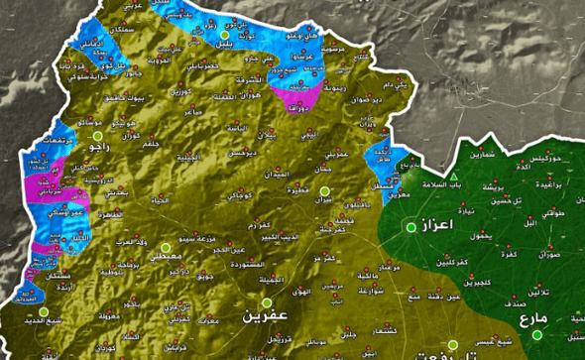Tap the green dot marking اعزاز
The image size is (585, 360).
pyautogui.click(x=409, y=228)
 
